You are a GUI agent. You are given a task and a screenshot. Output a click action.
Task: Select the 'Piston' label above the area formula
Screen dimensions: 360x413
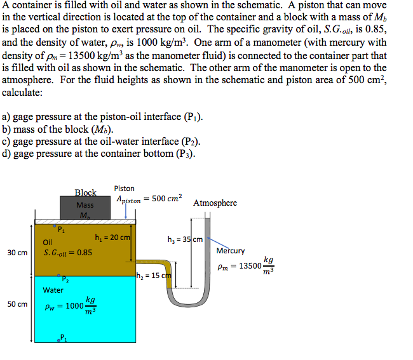pos(125,188)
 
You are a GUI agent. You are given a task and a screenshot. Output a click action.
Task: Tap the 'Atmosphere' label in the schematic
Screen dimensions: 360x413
pos(215,203)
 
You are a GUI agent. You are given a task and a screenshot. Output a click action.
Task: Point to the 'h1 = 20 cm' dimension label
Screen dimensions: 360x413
pos(112,237)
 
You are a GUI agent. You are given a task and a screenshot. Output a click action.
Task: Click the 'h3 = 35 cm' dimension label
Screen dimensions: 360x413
pos(185,239)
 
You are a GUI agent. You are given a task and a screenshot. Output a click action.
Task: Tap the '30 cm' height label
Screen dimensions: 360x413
pos(17,253)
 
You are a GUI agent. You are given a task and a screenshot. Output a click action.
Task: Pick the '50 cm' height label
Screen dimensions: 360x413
pos(17,304)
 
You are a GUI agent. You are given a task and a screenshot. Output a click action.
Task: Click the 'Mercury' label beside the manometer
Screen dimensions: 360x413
pos(231,251)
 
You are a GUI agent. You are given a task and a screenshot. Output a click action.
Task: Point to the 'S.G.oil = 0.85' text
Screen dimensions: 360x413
pos(67,252)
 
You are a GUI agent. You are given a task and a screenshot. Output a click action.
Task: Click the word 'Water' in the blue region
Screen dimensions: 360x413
pos(53,290)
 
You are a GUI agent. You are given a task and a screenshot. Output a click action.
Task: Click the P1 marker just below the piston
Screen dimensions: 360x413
pos(60,229)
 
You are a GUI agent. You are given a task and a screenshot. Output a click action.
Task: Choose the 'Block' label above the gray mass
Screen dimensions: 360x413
pos(85,192)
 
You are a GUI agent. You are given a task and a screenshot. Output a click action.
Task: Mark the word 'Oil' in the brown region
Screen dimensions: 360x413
pos(48,242)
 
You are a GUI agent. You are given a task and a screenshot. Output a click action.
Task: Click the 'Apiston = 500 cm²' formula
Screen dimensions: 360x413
pos(149,199)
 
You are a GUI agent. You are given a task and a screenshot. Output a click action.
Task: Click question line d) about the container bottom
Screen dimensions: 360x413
pos(98,153)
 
